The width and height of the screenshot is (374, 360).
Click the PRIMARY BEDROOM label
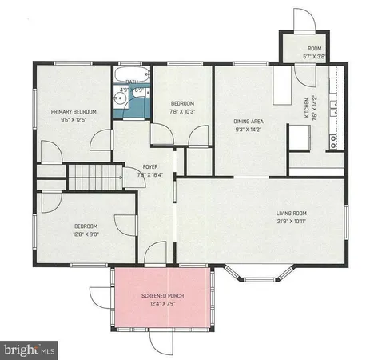75,111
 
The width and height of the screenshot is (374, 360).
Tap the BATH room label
132,81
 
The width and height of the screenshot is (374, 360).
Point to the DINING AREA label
248,122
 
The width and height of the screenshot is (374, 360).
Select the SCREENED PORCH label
163,295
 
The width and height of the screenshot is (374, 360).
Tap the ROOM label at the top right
314,49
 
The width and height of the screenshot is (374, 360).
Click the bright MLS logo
30,349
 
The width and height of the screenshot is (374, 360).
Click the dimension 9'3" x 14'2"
248,130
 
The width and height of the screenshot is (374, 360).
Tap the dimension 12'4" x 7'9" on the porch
163,303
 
